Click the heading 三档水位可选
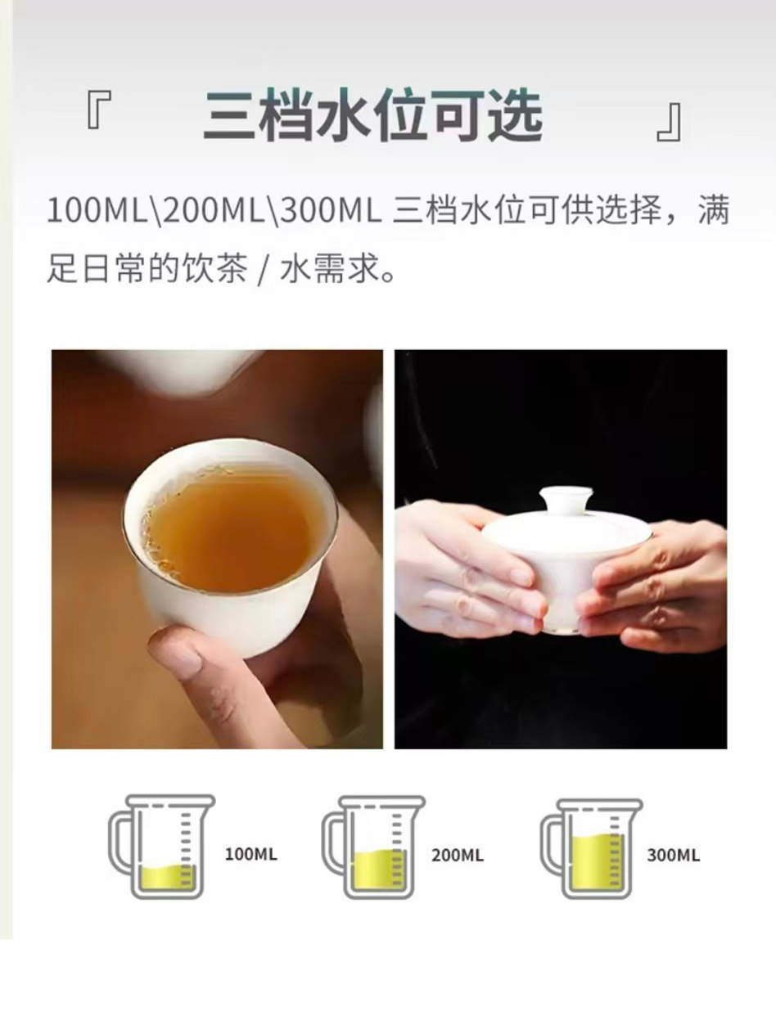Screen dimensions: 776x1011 [373, 116]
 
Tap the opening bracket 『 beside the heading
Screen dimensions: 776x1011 [99, 109]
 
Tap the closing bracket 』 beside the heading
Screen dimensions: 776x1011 [670, 122]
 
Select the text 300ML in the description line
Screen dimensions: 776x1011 [330, 211]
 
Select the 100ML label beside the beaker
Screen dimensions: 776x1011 [251, 854]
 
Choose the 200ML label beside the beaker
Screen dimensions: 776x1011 [457, 855]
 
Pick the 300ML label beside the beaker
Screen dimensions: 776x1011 [673, 855]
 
